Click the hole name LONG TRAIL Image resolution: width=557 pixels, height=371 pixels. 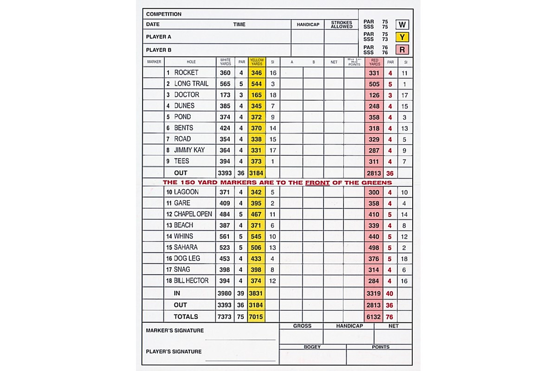point(191,84)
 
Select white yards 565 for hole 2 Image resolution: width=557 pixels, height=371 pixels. point(225,84)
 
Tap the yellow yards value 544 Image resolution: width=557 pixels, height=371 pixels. point(257,84)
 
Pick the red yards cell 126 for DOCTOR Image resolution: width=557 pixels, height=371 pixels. point(374,96)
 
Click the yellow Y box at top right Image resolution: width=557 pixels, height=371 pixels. point(402,37)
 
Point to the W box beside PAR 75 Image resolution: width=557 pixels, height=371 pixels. point(402,25)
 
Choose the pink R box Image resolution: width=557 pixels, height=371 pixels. point(402,50)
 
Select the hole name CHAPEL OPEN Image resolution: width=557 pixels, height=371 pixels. point(193,214)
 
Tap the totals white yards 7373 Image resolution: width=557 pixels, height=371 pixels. point(225,317)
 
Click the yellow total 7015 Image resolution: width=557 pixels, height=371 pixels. point(257,317)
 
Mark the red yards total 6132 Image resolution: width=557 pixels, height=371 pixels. point(374,317)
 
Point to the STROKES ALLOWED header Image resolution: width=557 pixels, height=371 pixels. point(342,25)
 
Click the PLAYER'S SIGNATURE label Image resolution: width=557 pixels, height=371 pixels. point(174,352)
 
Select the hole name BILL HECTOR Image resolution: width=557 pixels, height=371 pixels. point(191,281)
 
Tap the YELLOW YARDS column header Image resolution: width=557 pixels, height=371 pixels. point(257,62)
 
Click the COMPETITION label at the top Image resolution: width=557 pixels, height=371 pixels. point(164,14)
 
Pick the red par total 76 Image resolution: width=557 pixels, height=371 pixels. point(390,317)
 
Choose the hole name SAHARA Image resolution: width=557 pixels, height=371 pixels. point(186,248)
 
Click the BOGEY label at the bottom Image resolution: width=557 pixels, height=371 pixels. point(312,347)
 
